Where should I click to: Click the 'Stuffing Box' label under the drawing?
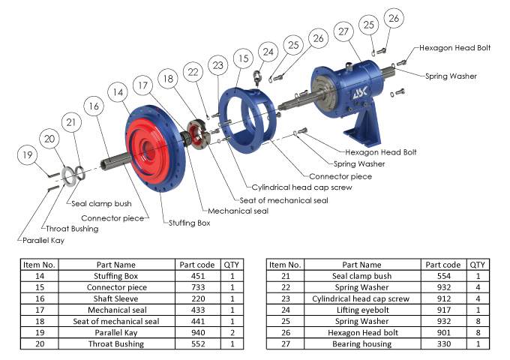tap(189, 223)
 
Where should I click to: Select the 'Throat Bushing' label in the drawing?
tap(72, 229)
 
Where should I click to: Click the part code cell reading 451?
tap(198, 275)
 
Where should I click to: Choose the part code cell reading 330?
tap(443, 343)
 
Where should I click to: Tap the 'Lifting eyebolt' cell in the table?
tap(361, 309)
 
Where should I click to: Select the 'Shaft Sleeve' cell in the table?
tap(116, 298)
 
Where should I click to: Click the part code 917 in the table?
tap(443, 309)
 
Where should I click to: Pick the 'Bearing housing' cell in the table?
tap(361, 343)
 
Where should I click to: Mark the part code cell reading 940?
tap(198, 331)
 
